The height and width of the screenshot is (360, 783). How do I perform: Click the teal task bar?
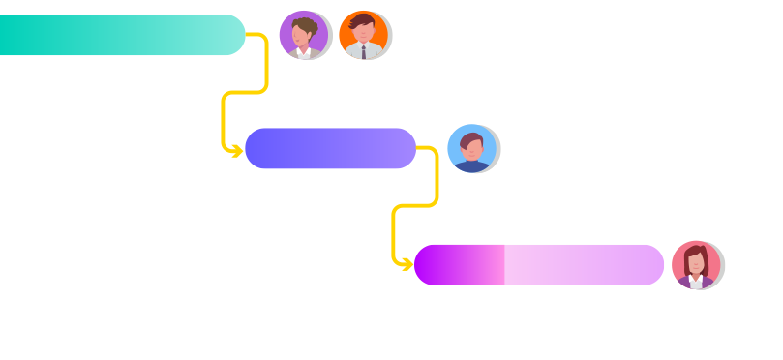(x=116, y=35)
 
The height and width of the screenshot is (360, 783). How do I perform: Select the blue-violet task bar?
(x=330, y=148)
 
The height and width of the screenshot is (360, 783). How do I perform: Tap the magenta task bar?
(x=581, y=265)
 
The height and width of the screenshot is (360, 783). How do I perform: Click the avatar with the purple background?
(x=304, y=35)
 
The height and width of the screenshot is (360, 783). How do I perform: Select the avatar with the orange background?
(x=364, y=35)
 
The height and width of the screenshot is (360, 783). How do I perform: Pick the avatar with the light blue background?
(x=472, y=149)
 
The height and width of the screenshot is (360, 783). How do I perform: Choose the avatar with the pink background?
(x=696, y=264)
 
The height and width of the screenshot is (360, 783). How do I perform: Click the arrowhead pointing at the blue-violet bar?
(x=236, y=151)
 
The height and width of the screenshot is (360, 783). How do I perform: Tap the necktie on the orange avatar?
(x=364, y=51)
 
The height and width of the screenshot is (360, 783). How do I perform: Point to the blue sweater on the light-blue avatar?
(x=472, y=167)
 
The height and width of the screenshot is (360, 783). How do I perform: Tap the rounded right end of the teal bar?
(x=232, y=35)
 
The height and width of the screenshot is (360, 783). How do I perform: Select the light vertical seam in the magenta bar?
(x=503, y=265)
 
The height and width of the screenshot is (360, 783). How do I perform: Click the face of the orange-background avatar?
(x=363, y=33)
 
